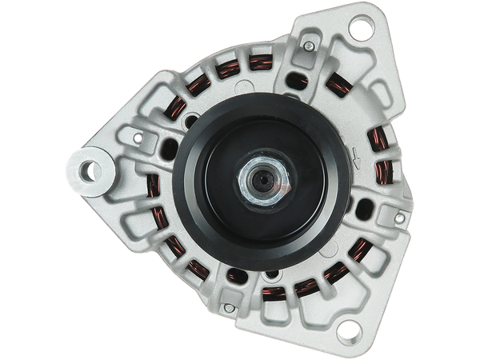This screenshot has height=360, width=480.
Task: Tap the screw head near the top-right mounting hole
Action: click(x=308, y=49)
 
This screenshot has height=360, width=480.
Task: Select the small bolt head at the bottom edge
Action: click(x=230, y=306)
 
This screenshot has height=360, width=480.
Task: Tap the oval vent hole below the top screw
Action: click(x=298, y=79)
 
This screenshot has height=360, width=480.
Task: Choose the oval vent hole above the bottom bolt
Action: click(x=237, y=276)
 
